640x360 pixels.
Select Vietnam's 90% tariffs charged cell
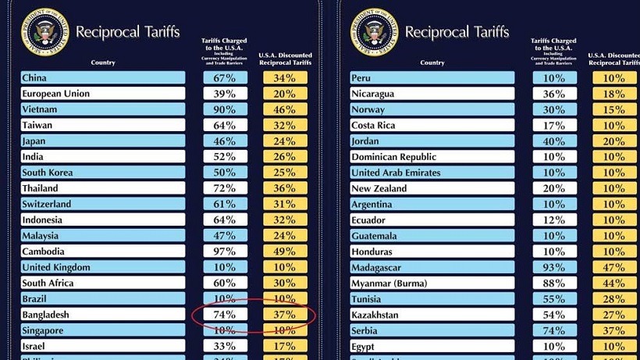click(225, 109)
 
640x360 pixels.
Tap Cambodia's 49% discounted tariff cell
click(285, 251)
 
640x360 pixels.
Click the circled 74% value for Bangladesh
click(225, 315)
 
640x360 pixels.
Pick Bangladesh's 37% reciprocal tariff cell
click(285, 315)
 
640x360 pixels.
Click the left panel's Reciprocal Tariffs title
click(127, 33)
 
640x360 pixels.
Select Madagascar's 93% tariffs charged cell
click(554, 267)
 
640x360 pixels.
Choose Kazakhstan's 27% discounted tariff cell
click(614, 315)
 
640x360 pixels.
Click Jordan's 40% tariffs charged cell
click(554, 141)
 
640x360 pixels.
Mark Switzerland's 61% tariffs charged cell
click(225, 204)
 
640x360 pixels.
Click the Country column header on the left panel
click(103, 62)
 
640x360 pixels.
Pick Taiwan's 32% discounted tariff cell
click(285, 125)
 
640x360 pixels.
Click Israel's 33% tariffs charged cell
click(225, 346)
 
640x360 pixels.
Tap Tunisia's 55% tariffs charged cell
click(554, 299)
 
